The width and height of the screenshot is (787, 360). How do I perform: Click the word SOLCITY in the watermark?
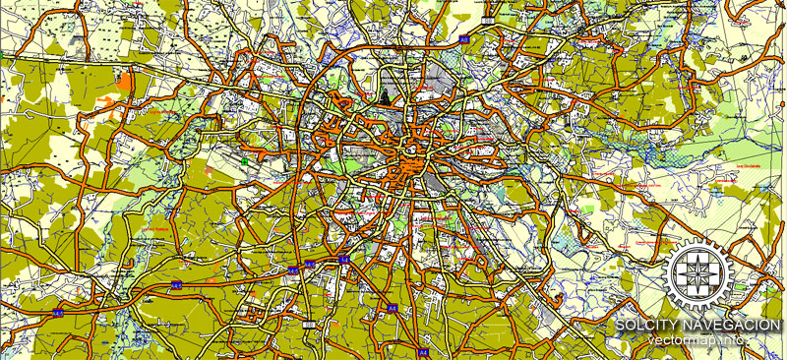(645, 326)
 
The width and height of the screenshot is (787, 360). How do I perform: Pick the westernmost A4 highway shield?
(58, 312)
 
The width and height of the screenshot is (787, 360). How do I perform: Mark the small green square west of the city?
(243, 160)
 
